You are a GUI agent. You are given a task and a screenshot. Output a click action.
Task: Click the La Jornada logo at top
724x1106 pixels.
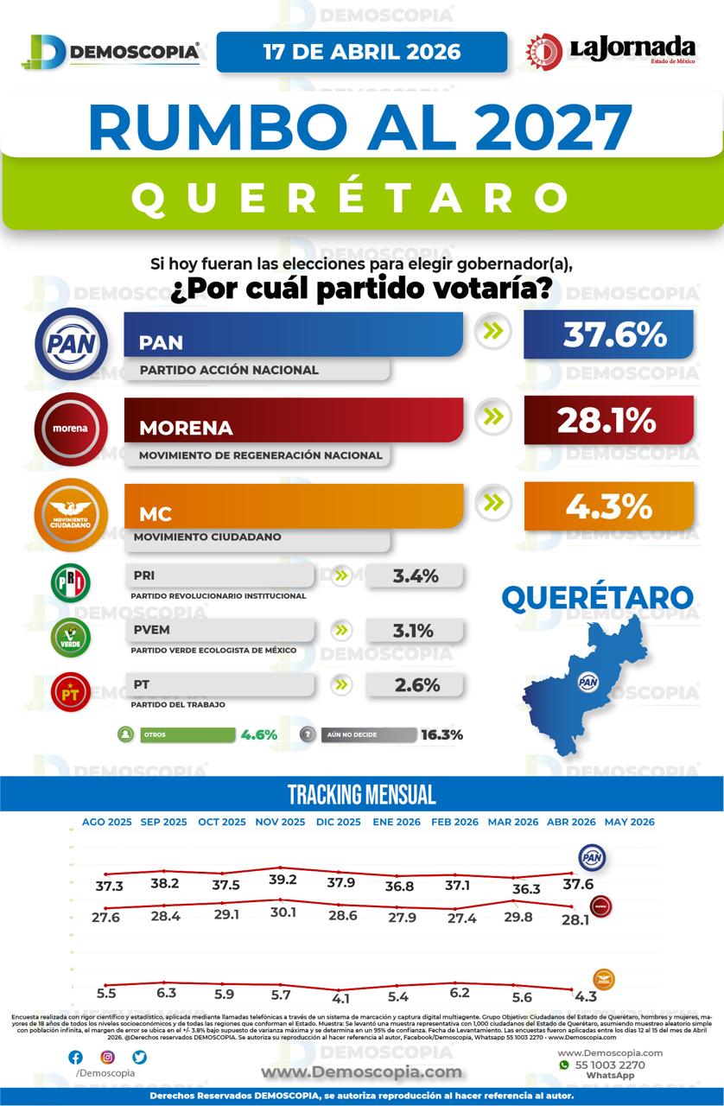click(611, 52)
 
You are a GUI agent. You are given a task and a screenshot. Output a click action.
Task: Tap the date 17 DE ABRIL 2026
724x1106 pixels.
click(361, 52)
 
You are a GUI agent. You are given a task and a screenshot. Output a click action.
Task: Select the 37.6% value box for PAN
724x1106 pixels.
click(608, 334)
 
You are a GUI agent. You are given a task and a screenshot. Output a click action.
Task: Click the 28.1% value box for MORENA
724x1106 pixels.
click(608, 420)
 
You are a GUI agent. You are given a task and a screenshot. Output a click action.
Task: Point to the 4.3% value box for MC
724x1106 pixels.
click(608, 505)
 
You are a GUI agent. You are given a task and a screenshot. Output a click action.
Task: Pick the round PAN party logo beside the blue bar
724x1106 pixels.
click(71, 345)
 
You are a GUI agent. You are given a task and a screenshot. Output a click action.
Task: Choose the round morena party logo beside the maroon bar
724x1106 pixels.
click(71, 429)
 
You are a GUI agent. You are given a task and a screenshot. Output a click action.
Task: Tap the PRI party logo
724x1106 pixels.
click(71, 583)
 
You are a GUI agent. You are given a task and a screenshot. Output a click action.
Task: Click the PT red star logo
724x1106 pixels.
click(71, 691)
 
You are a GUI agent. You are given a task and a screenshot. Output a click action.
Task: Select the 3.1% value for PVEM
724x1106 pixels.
click(413, 631)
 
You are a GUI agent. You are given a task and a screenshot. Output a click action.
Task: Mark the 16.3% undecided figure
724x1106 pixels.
click(441, 735)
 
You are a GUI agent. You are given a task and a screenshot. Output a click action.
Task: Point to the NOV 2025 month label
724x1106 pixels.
click(280, 823)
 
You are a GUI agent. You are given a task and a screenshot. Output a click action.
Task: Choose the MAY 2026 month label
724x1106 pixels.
click(629, 823)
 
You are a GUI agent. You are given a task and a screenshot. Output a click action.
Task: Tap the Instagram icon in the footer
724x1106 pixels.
click(107, 1057)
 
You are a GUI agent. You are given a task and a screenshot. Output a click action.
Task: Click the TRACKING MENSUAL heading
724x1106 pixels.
click(361, 795)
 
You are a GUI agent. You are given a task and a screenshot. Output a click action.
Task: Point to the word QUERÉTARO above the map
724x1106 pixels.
click(597, 597)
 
